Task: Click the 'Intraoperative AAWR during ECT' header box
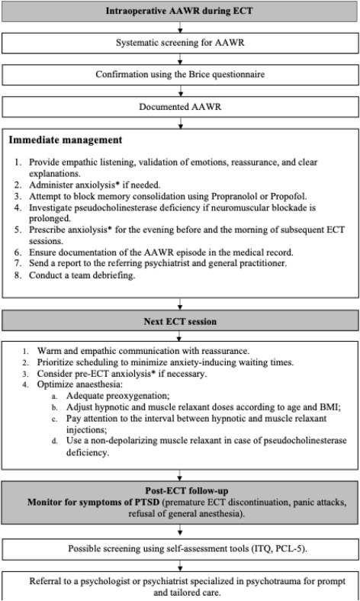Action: (180, 11)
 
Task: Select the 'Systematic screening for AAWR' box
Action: (180, 43)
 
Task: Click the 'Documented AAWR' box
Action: (180, 107)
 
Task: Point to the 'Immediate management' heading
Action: (66, 140)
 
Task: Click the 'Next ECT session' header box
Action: (180, 321)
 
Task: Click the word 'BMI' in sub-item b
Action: (329, 407)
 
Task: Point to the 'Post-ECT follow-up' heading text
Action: (186, 490)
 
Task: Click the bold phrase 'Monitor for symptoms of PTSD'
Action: (93, 502)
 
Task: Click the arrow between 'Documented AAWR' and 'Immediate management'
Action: (180, 123)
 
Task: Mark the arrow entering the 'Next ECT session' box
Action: (180, 305)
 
